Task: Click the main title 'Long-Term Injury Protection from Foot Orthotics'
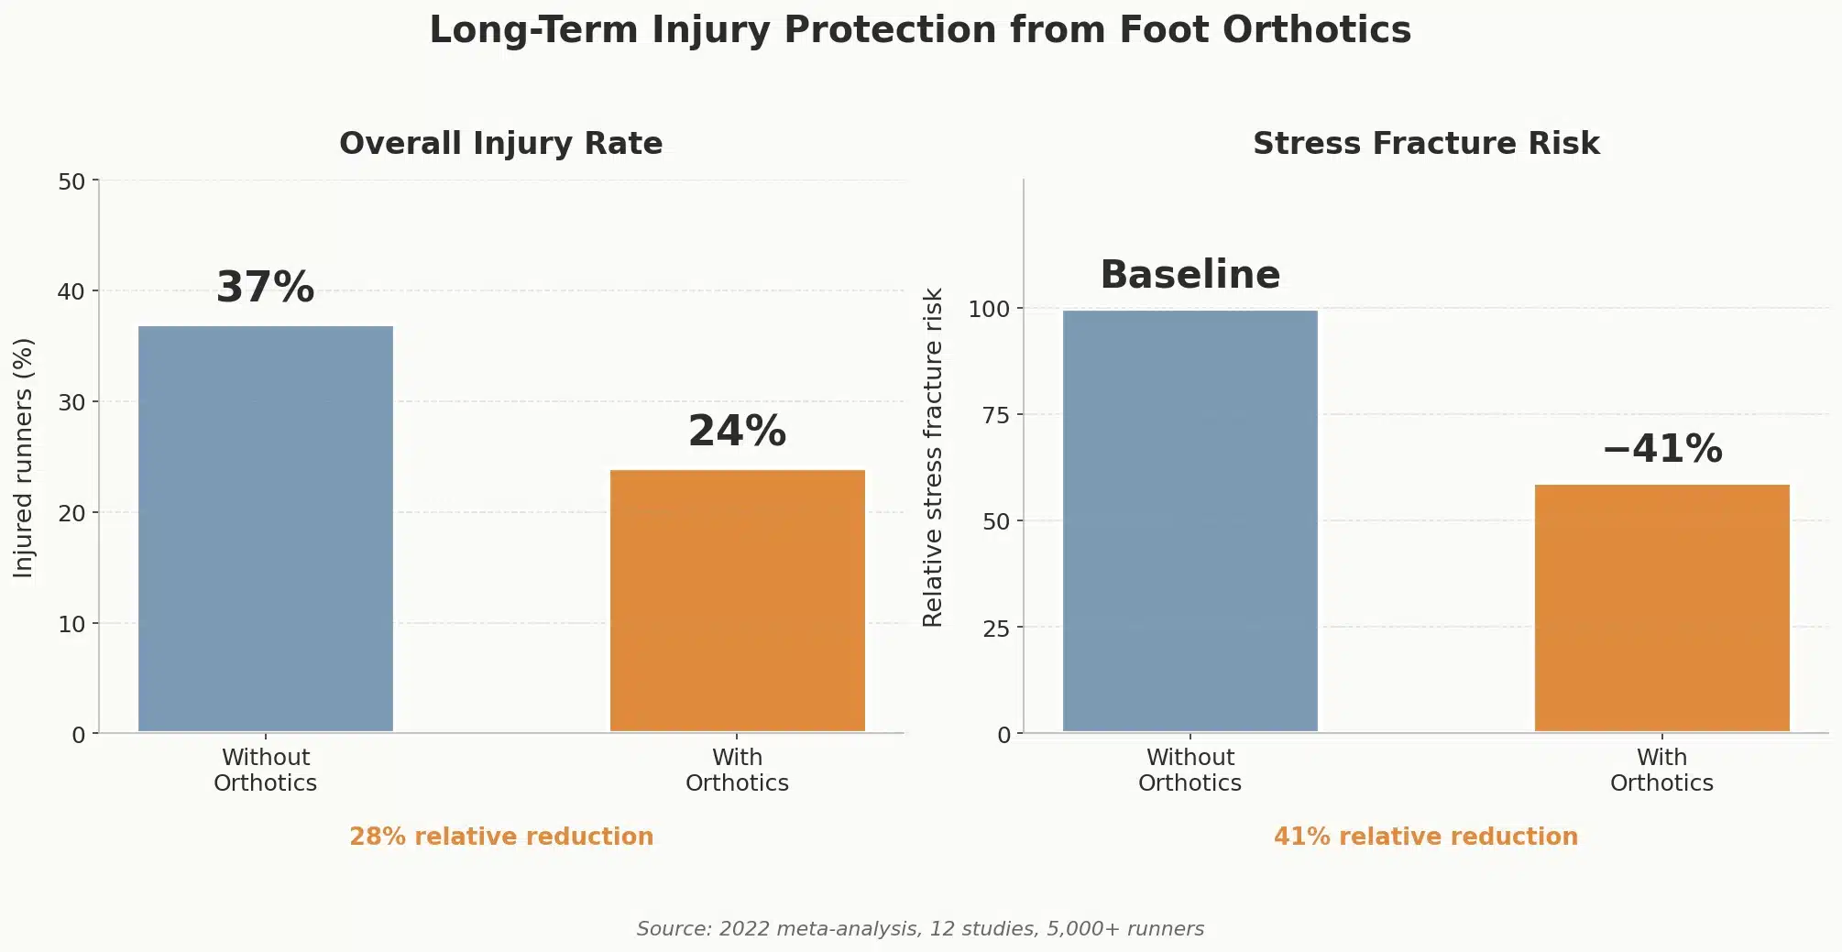click(x=920, y=30)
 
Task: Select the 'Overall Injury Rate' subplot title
click(x=500, y=144)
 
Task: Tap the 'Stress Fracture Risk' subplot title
click(x=1426, y=144)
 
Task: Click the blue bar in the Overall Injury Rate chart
click(x=266, y=529)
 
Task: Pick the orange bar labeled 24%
click(x=738, y=600)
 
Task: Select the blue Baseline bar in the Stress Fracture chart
click(x=1190, y=520)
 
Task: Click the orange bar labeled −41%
click(x=1661, y=607)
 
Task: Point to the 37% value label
click(x=266, y=288)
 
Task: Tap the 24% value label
click(x=738, y=432)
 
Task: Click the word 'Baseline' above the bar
click(x=1190, y=275)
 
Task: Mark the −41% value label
click(x=1661, y=449)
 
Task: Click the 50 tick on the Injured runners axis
click(x=71, y=181)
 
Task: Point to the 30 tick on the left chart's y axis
click(x=71, y=402)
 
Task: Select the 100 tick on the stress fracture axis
click(x=989, y=309)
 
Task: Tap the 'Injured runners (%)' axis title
click(x=24, y=458)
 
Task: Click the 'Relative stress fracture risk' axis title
click(x=933, y=458)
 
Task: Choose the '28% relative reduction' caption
click(x=501, y=837)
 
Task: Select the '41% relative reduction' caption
click(x=1426, y=837)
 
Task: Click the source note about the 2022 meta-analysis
click(x=920, y=929)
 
